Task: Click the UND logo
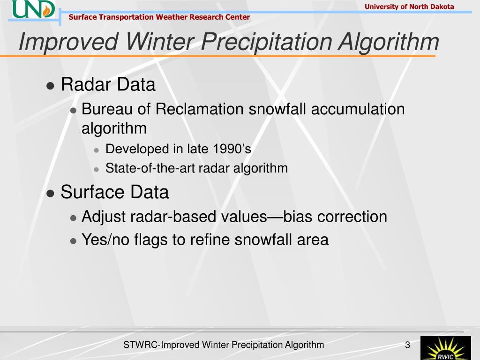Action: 34,9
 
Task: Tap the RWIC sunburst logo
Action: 445,348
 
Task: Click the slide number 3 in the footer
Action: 407,345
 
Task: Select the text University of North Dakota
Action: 409,7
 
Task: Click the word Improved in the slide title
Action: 68,42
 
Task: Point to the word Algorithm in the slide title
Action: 389,42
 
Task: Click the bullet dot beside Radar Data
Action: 50,85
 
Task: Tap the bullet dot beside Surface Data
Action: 50,194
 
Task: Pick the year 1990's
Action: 232,149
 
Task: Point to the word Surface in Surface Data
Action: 92,192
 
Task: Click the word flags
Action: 150,240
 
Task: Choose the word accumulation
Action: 358,109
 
